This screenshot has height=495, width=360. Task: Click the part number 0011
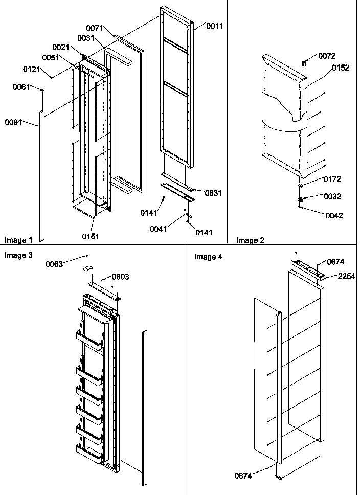(x=215, y=26)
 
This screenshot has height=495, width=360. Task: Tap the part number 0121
(x=31, y=69)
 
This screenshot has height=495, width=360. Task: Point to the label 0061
(x=21, y=87)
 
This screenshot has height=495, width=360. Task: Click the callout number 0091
(x=13, y=122)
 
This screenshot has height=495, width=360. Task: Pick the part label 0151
(x=91, y=236)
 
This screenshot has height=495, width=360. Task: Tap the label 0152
(x=341, y=68)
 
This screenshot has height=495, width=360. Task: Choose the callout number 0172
(x=332, y=179)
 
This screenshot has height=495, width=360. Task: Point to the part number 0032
(x=332, y=196)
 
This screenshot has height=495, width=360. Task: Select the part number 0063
(x=54, y=264)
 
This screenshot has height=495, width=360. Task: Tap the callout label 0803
(x=120, y=277)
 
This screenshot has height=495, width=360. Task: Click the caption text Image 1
(x=18, y=240)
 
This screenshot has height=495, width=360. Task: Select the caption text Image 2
(x=250, y=240)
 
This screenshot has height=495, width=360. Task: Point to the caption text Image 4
(x=208, y=257)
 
